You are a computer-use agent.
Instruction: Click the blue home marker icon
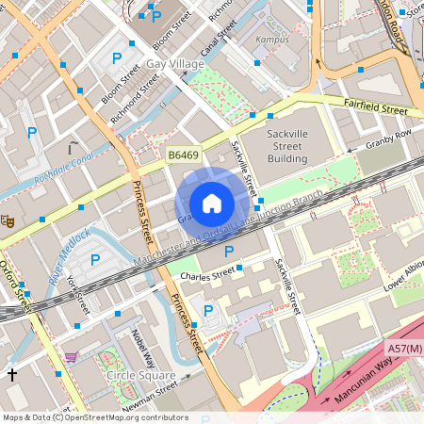[212, 204]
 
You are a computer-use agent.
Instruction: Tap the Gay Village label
[174, 64]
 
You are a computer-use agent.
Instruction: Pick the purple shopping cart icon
[71, 357]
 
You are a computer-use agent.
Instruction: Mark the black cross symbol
[12, 374]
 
